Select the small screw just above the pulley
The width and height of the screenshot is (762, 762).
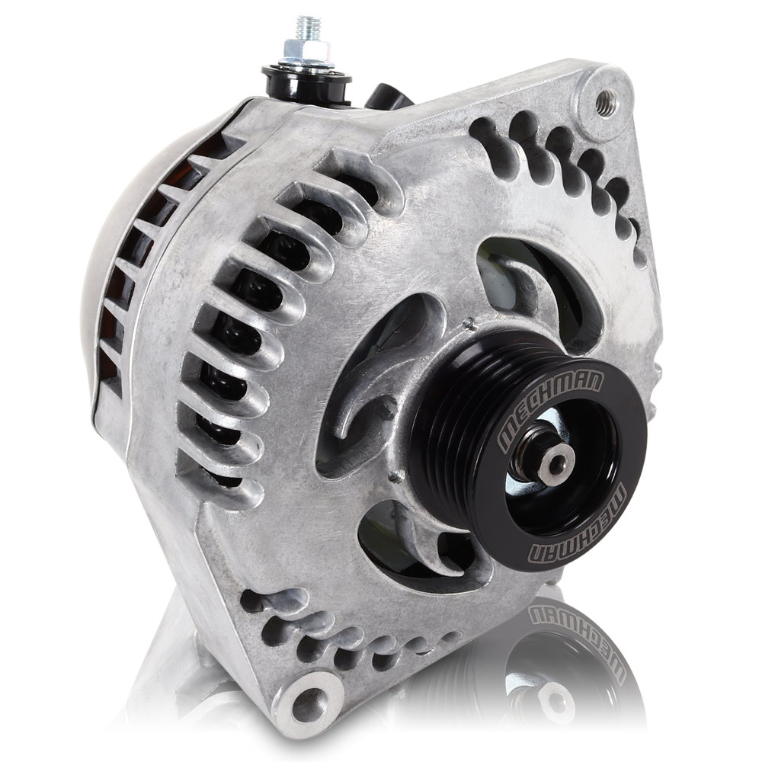(463, 329)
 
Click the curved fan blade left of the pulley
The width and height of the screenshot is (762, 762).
(358, 396)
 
